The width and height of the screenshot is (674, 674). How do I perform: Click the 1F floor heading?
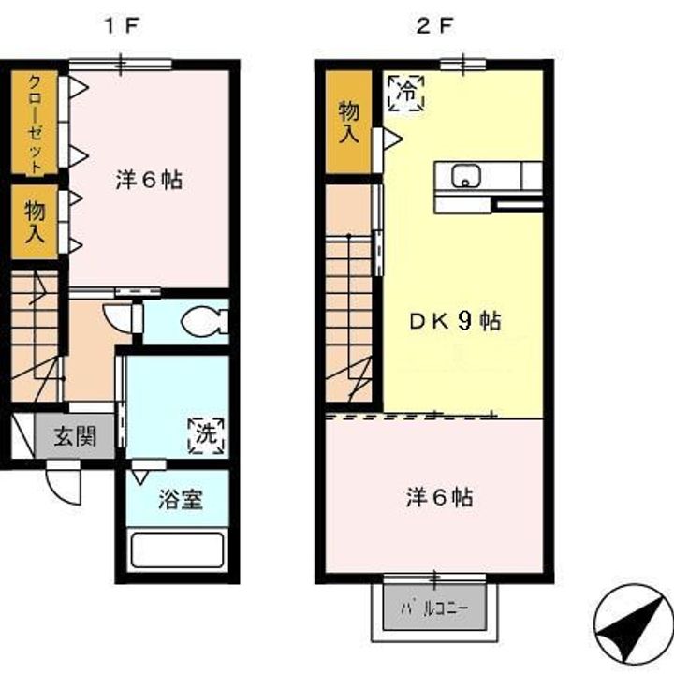pos(121,26)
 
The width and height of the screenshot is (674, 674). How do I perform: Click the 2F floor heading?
pos(434,26)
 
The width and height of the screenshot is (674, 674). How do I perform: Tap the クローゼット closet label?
pos(35,125)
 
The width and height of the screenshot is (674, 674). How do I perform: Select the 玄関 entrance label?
pos(75,437)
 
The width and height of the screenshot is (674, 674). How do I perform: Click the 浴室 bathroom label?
pos(181,500)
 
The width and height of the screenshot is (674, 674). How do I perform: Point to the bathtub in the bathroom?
pos(178,550)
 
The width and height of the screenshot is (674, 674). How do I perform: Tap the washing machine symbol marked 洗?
pos(206,435)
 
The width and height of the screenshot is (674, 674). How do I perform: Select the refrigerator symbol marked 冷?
pos(406,94)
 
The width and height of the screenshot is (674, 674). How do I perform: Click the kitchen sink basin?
pos(465,176)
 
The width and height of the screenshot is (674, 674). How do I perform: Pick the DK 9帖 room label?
pos(455,321)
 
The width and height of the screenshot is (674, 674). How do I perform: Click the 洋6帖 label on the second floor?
pos(439,498)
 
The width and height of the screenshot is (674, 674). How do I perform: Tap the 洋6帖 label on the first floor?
pos(149,180)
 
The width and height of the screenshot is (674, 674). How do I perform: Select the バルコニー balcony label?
pos(434,608)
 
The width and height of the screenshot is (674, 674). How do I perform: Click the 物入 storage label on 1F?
pos(35,222)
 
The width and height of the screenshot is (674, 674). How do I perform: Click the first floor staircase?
pos(35,336)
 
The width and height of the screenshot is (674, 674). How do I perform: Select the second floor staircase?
pos(348,318)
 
